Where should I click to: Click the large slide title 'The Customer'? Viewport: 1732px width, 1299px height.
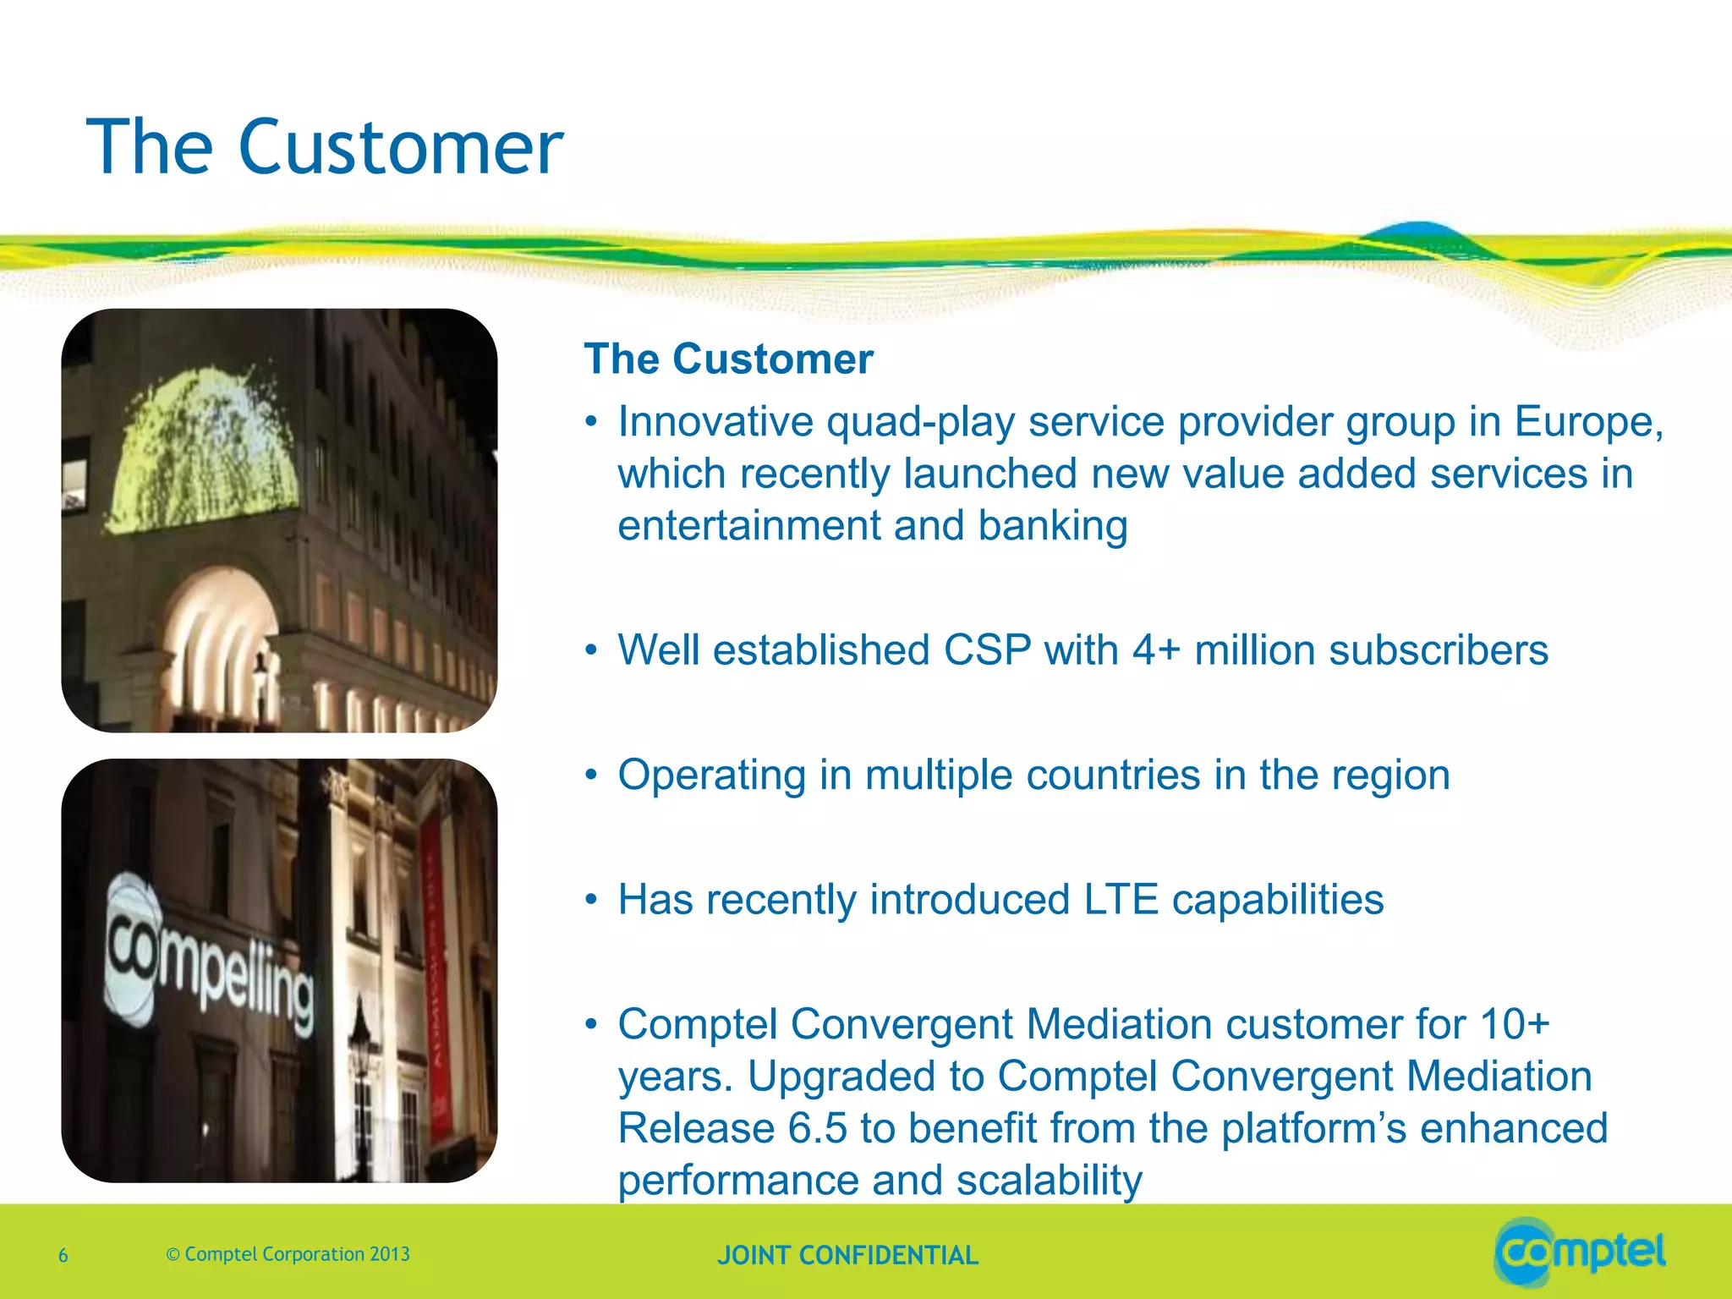tap(325, 148)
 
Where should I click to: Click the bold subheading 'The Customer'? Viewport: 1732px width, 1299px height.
tap(728, 359)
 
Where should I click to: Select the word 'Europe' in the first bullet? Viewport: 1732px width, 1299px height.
tap(1582, 422)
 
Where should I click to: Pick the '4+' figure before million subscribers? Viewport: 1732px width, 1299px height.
tap(1156, 651)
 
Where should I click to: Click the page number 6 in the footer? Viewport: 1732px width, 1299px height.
tap(63, 1256)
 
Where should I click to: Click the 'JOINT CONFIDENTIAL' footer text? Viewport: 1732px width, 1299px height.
tap(847, 1256)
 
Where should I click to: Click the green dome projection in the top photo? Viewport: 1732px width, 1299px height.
tap(203, 448)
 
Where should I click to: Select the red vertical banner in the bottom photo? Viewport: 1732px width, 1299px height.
tap(436, 973)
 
